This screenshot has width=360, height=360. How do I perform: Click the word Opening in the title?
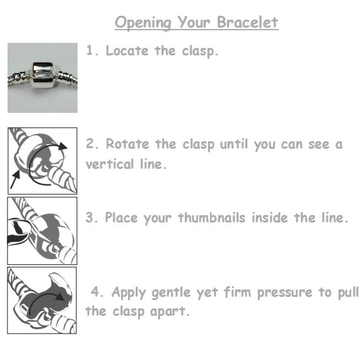point(143,23)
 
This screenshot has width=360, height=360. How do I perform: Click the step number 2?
point(91,144)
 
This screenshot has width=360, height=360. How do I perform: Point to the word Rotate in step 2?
point(126,144)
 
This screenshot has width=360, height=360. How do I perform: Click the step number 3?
point(91,218)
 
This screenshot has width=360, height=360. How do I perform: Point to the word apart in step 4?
point(170,311)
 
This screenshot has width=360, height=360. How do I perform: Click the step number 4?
point(96,293)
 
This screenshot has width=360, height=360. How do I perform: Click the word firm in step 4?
point(239,293)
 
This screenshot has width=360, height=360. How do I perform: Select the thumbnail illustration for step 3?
point(42,230)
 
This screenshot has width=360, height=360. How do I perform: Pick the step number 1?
point(91,51)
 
